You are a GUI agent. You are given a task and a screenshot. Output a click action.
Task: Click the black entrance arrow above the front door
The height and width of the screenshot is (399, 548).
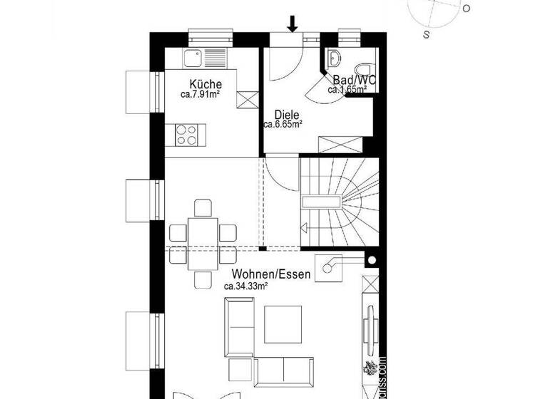tap(292, 24)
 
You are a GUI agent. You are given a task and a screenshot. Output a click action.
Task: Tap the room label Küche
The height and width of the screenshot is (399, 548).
tap(201, 84)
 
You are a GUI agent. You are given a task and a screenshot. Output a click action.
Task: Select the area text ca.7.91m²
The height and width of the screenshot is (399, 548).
tap(201, 93)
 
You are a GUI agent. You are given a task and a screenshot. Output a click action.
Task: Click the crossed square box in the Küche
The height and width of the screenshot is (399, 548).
tap(246, 100)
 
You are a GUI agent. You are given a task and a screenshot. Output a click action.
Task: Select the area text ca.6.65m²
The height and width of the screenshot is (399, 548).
tap(282, 124)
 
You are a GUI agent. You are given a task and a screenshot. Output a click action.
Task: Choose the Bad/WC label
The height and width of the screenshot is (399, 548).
tap(350, 81)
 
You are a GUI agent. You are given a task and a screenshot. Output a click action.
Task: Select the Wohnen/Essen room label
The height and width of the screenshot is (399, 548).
tap(270, 274)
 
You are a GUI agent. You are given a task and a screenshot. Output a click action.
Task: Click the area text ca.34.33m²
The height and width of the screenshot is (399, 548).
tap(245, 286)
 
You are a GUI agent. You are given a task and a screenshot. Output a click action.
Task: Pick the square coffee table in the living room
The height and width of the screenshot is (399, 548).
tap(283, 322)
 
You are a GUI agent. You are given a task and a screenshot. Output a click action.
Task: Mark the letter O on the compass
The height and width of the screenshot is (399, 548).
tap(466, 9)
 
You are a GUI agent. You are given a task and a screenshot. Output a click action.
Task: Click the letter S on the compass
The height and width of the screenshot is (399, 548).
tap(426, 33)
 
